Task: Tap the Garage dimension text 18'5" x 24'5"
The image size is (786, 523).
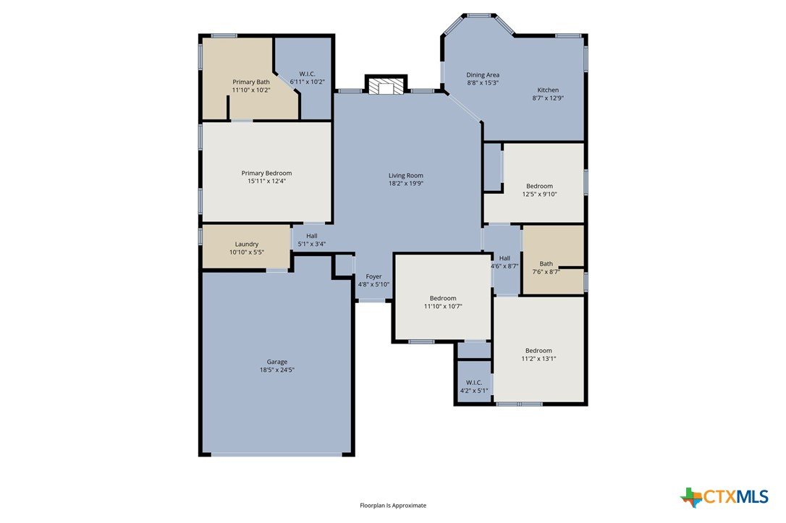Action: (x=276, y=370)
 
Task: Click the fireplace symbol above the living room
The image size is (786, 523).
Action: (x=386, y=85)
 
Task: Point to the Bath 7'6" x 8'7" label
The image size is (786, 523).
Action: (x=546, y=268)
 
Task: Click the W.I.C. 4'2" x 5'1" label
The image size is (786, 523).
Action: (x=474, y=387)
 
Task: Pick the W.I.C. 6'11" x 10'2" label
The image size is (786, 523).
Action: (x=308, y=77)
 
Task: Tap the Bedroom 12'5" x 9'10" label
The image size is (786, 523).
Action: (x=539, y=190)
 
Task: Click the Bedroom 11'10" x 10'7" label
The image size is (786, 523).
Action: (x=443, y=302)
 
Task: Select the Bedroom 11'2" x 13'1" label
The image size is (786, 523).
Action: (x=538, y=354)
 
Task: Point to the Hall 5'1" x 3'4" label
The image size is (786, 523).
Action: (x=312, y=240)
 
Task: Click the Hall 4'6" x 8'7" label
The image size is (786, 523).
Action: (x=504, y=263)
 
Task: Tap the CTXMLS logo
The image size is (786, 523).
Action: (x=724, y=497)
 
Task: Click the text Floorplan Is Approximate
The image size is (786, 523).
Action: (x=393, y=506)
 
